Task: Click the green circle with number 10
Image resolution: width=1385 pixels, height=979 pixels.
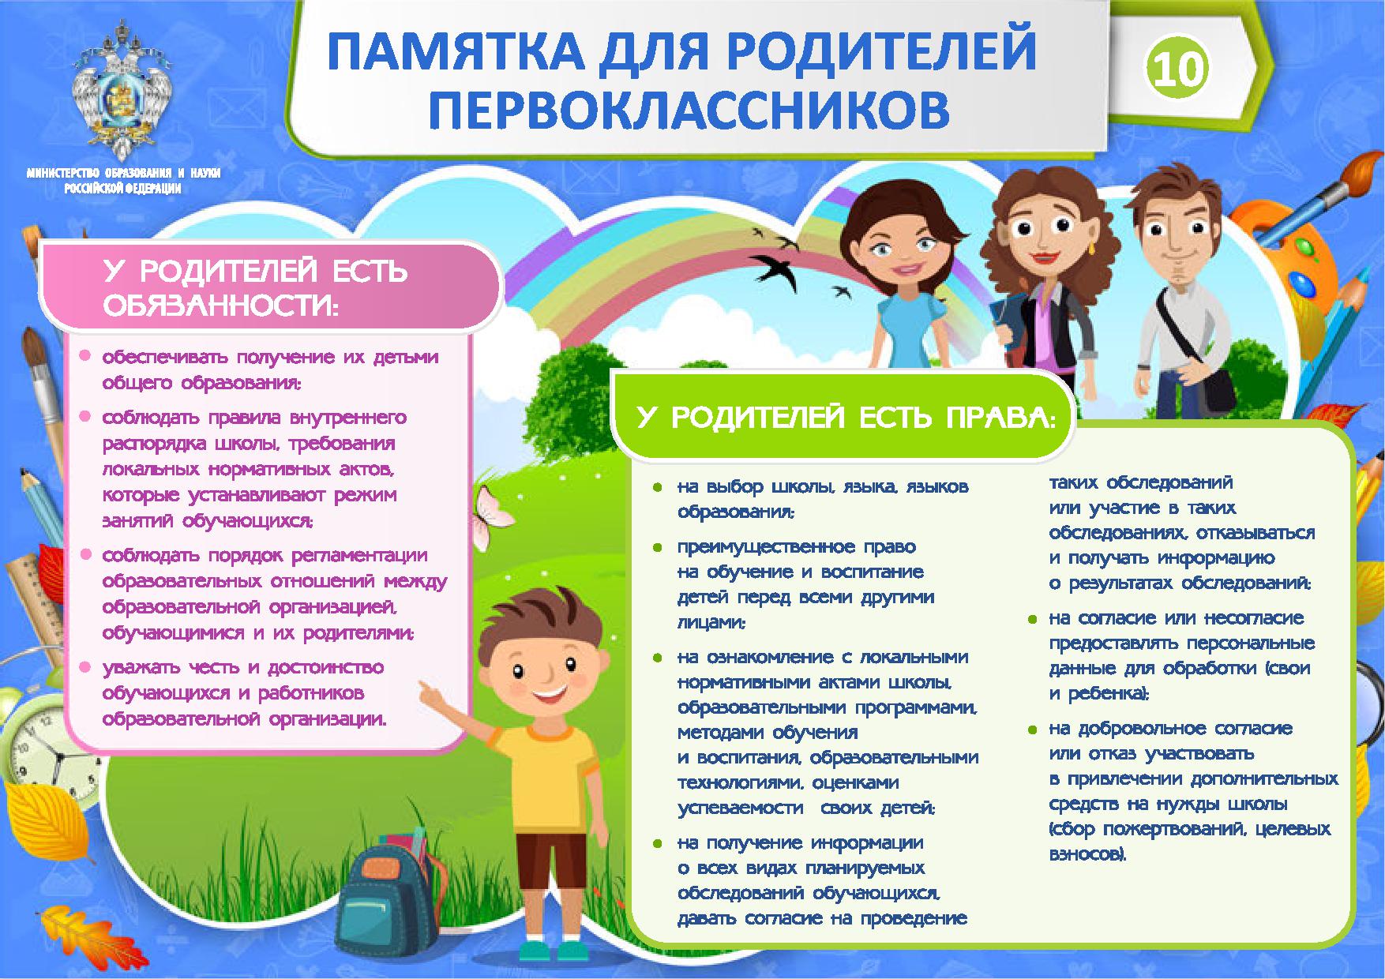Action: tap(1177, 69)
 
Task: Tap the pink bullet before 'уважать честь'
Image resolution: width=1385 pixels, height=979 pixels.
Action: tap(84, 667)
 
